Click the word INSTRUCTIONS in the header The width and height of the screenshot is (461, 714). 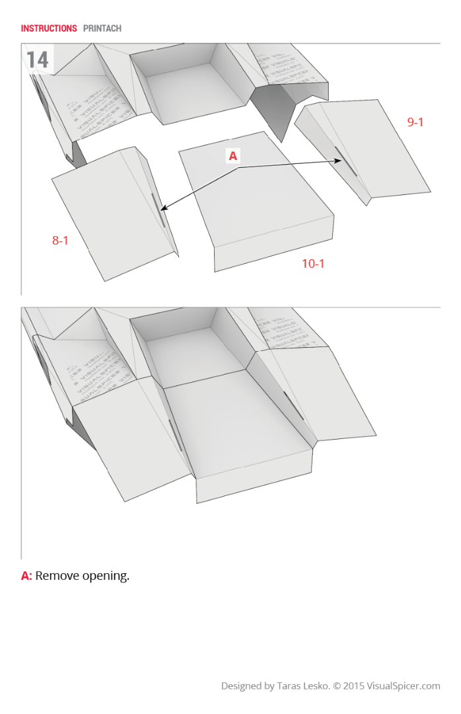click(x=49, y=28)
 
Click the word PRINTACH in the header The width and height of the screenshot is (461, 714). click(x=102, y=28)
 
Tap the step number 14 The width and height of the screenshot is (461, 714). click(x=38, y=60)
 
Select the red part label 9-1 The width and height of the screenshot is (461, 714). click(x=415, y=122)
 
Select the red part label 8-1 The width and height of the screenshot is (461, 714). click(x=60, y=241)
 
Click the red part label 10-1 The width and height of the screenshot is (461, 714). click(x=313, y=264)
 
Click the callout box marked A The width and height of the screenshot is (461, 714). click(x=232, y=156)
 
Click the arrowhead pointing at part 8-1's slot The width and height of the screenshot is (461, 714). click(x=162, y=210)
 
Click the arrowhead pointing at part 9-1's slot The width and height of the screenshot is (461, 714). click(x=337, y=160)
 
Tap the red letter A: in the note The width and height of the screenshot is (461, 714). click(x=26, y=576)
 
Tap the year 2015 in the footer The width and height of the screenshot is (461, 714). click(x=353, y=686)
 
